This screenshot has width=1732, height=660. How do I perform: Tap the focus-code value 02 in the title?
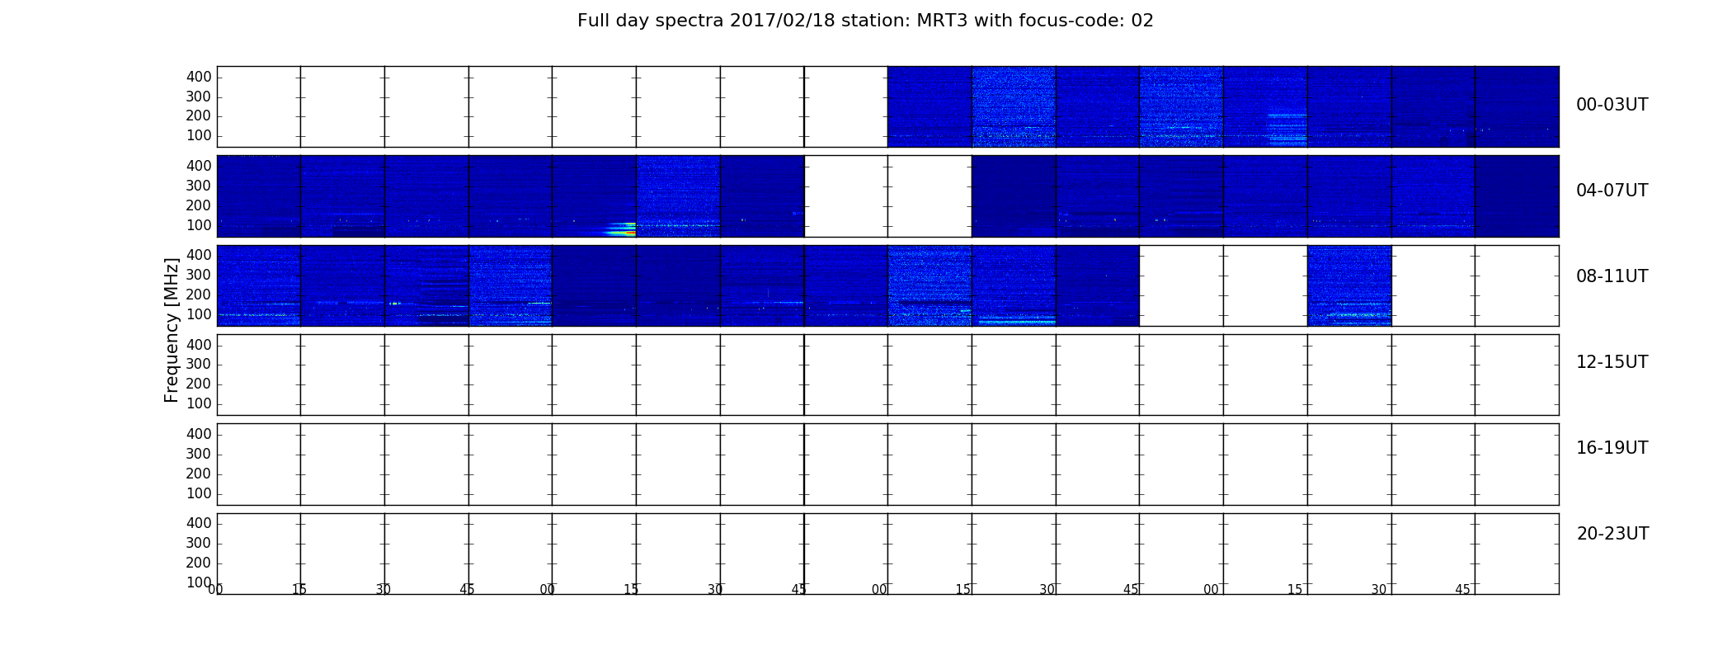point(1142,21)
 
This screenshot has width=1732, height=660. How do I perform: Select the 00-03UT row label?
point(1612,105)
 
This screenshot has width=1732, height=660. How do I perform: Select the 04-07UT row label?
point(1612,191)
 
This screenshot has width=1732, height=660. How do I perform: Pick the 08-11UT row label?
point(1612,276)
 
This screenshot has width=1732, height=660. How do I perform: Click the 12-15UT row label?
point(1612,362)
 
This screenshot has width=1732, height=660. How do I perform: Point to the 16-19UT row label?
point(1612,448)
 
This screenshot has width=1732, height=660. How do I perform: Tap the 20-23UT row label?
point(1612,534)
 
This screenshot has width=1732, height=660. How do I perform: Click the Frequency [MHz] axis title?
point(172,330)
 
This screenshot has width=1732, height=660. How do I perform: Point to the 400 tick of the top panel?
point(199,77)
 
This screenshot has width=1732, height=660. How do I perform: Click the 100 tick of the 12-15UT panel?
point(199,403)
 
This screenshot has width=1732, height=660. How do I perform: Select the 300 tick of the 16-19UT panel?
point(199,454)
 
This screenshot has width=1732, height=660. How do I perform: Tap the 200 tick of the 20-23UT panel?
point(199,563)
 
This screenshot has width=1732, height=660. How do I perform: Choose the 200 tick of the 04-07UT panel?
point(199,205)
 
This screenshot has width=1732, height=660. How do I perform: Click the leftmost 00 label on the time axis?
point(216,590)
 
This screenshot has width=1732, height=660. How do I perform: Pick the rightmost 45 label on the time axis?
point(1462,590)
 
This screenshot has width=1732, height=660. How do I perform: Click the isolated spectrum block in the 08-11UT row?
point(1349,285)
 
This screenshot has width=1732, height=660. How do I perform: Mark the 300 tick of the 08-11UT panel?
point(199,275)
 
